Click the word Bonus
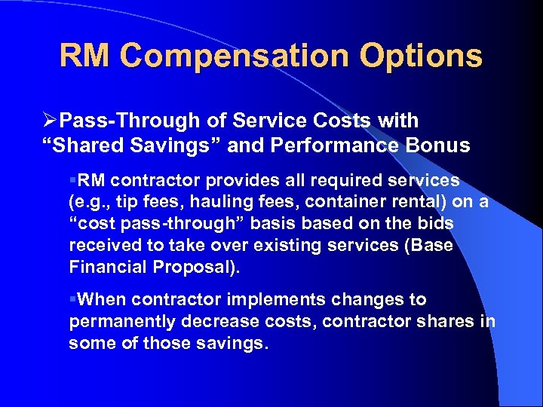pyautogui.click(x=441, y=145)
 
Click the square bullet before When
pyautogui.click(x=72, y=300)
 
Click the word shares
pyautogui.click(x=445, y=322)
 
